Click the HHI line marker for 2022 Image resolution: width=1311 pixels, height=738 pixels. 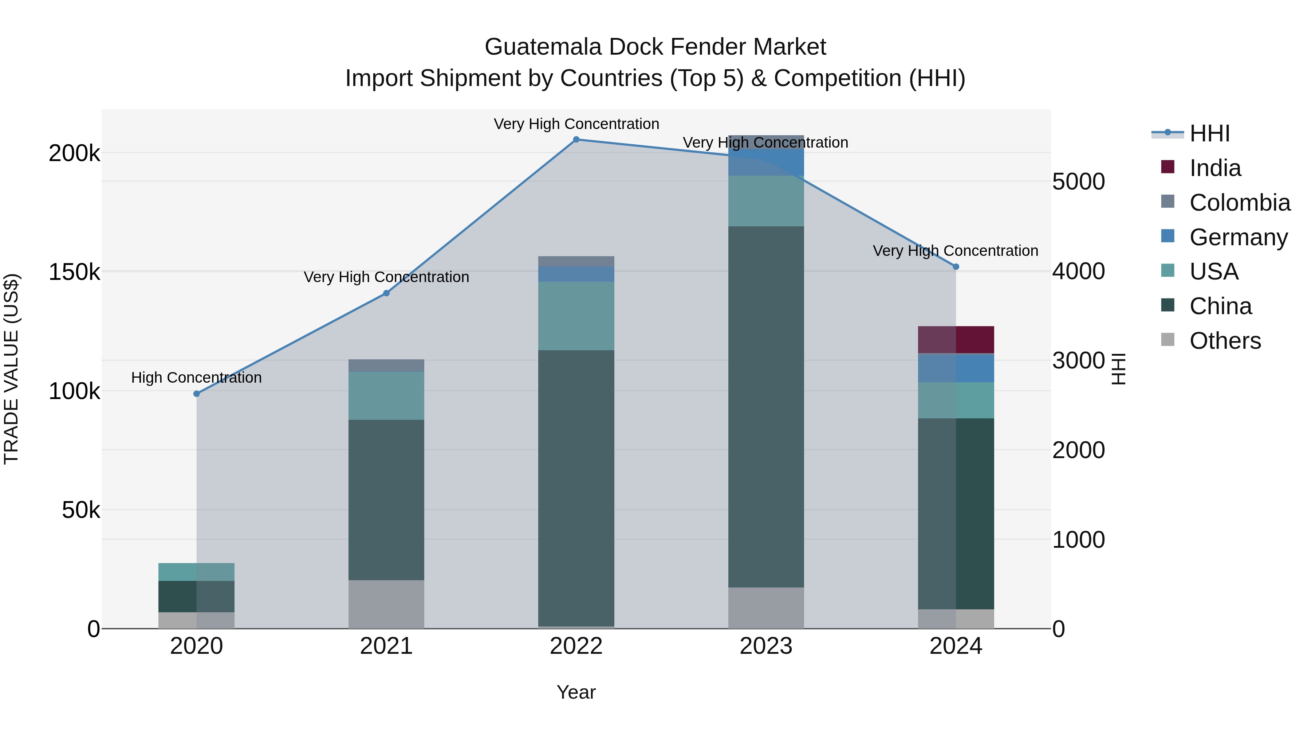click(x=576, y=140)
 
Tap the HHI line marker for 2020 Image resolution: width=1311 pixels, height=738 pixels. click(x=196, y=394)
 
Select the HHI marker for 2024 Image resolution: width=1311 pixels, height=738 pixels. click(x=956, y=267)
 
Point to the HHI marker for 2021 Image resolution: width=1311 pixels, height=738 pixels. click(x=386, y=293)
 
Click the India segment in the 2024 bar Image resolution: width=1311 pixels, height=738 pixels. click(x=956, y=340)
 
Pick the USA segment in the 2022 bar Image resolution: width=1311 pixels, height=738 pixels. click(x=576, y=316)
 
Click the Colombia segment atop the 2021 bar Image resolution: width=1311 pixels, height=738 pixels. click(x=386, y=366)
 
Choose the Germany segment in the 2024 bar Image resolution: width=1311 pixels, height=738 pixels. click(x=956, y=368)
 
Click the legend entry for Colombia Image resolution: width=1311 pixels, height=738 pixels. click(x=1239, y=203)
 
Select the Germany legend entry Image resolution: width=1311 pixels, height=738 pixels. click(x=1238, y=237)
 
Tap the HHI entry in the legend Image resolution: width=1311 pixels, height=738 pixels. click(x=1209, y=133)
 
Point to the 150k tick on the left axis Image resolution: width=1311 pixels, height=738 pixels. click(x=74, y=272)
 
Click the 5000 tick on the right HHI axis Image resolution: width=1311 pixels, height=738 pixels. click(x=1078, y=182)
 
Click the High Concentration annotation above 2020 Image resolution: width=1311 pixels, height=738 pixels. click(x=196, y=378)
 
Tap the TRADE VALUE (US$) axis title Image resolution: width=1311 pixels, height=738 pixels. click(x=11, y=369)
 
